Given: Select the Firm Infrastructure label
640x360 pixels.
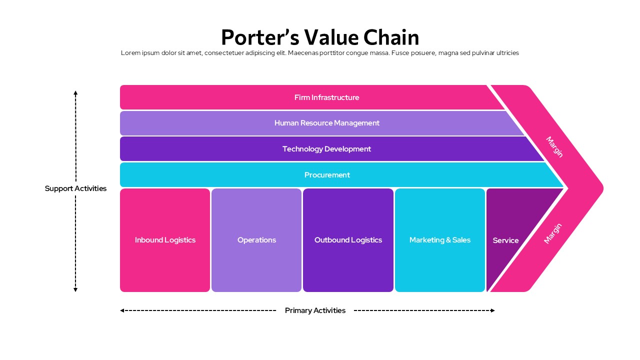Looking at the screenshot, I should (x=326, y=97).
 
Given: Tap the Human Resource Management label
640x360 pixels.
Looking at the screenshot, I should (x=326, y=123).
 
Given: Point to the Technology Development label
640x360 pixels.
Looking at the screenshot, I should (x=326, y=149).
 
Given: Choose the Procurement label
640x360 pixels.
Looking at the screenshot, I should (x=327, y=175).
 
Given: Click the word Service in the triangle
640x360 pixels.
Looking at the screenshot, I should (x=505, y=240).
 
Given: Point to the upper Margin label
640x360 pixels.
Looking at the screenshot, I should (x=554, y=147).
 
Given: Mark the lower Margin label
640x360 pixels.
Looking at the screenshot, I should (x=553, y=233).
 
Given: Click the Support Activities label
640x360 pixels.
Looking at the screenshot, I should (x=75, y=188).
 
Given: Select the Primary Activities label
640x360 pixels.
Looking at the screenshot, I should (x=315, y=310).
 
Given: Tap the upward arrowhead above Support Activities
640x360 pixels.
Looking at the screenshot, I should (x=75, y=93).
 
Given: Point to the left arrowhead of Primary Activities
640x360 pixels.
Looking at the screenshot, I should (x=122, y=310).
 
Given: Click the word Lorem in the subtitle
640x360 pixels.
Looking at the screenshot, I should (x=131, y=53).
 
